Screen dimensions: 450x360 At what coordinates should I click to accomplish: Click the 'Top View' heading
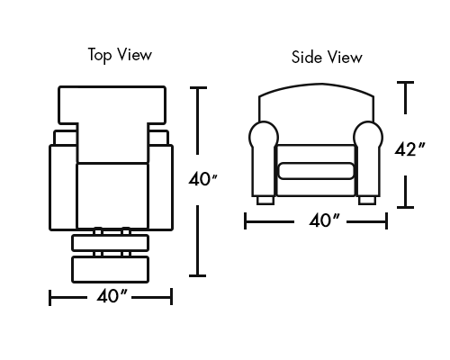(120, 55)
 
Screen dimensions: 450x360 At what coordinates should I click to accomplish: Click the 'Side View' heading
(327, 57)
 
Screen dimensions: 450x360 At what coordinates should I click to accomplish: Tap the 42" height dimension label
(409, 149)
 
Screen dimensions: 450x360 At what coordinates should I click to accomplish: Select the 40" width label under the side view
(324, 220)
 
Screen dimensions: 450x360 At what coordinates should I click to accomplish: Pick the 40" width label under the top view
(112, 296)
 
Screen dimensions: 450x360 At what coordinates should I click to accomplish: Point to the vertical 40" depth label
(202, 179)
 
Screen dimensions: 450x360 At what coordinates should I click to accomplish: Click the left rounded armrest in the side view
(264, 158)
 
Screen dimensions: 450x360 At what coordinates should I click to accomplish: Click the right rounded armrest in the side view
(368, 158)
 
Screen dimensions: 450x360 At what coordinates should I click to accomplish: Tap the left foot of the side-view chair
(265, 201)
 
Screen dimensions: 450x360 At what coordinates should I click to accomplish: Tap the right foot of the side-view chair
(366, 201)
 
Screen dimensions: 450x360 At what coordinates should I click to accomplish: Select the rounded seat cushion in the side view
(316, 171)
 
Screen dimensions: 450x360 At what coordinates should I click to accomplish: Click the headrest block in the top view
(112, 105)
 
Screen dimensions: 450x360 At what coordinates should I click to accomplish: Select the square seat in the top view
(112, 196)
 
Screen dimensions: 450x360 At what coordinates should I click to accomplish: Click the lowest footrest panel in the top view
(111, 269)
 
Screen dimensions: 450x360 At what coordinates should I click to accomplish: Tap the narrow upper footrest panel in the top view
(111, 243)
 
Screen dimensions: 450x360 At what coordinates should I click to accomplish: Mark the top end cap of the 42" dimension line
(405, 82)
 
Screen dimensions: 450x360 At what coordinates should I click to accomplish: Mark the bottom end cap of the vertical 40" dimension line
(197, 275)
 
